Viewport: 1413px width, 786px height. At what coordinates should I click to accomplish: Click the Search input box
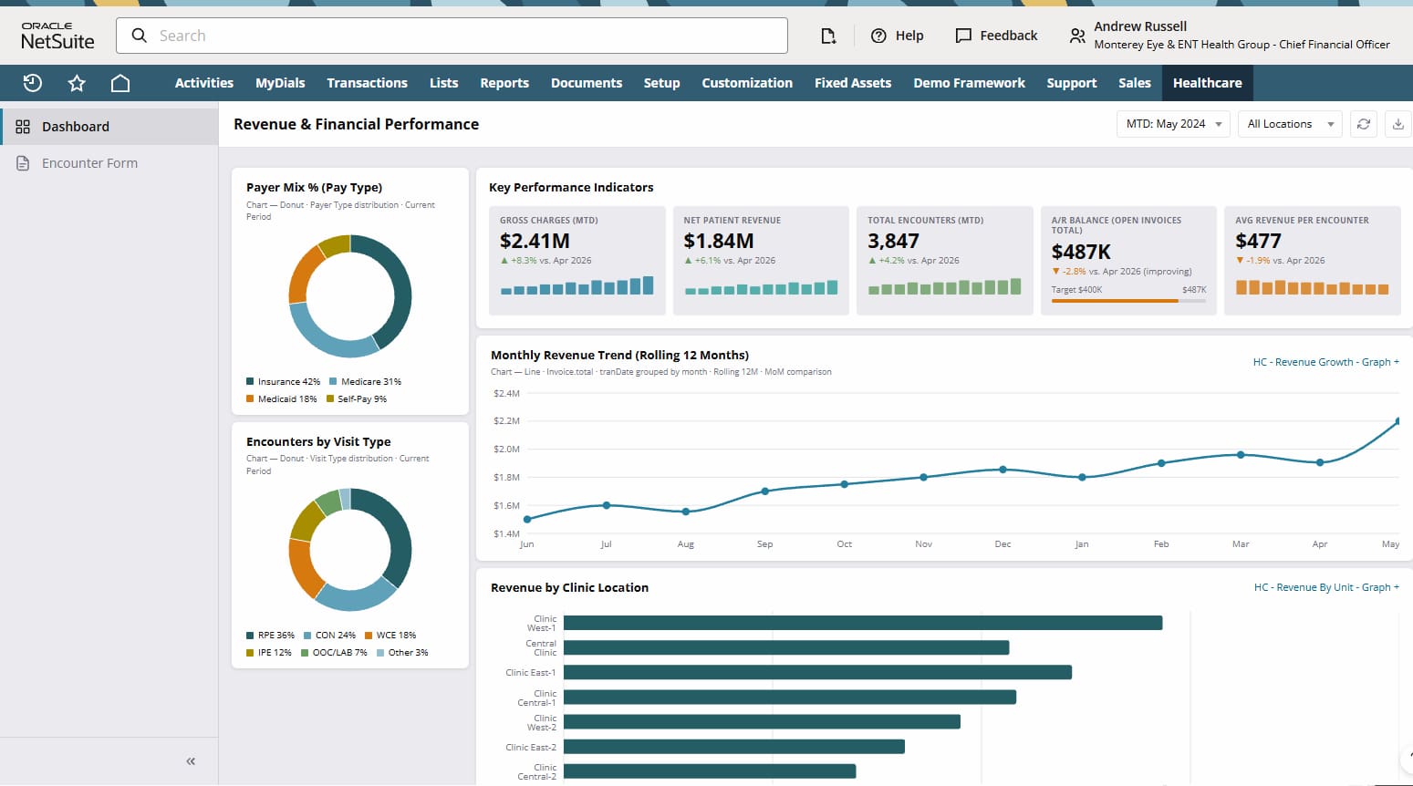[451, 36]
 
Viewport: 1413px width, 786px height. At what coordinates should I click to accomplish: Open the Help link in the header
[897, 36]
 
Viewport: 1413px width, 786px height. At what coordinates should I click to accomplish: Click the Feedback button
[996, 36]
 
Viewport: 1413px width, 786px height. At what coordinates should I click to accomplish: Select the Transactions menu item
[367, 83]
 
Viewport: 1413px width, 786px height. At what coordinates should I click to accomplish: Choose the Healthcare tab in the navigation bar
[1208, 83]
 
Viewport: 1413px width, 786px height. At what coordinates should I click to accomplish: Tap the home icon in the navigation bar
[119, 83]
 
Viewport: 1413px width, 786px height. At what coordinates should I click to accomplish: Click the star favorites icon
[77, 83]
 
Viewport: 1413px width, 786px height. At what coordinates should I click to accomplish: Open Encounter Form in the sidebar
[89, 162]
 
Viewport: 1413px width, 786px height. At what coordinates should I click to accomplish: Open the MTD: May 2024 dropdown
[1173, 124]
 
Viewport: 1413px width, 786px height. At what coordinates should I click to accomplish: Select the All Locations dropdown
[1290, 124]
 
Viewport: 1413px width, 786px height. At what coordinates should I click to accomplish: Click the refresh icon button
[1363, 124]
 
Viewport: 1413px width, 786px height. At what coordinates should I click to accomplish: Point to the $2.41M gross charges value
[535, 241]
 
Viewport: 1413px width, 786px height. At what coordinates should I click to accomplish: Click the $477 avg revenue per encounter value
[1258, 241]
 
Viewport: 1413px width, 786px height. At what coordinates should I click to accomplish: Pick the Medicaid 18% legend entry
[281, 399]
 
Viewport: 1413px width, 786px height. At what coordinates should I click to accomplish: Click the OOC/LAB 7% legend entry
[334, 652]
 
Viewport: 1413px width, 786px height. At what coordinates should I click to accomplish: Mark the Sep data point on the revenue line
[764, 491]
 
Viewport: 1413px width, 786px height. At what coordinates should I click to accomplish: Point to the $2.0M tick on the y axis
[506, 449]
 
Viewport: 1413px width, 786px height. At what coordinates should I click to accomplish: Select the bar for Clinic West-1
[863, 623]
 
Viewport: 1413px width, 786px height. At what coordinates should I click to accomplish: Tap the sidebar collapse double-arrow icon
[191, 761]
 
